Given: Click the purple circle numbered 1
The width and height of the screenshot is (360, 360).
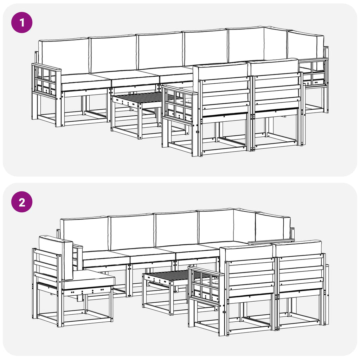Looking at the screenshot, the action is (x=22, y=22).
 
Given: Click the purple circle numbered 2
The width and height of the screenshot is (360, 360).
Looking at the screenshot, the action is (x=22, y=202).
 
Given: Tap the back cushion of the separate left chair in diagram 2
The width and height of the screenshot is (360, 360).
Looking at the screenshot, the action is (x=56, y=257).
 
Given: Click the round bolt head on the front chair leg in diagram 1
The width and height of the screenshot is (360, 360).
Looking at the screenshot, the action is (x=197, y=132).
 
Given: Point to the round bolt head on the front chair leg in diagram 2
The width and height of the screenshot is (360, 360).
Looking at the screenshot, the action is (x=224, y=312).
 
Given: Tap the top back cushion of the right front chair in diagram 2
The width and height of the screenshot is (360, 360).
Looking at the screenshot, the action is (x=298, y=247).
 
